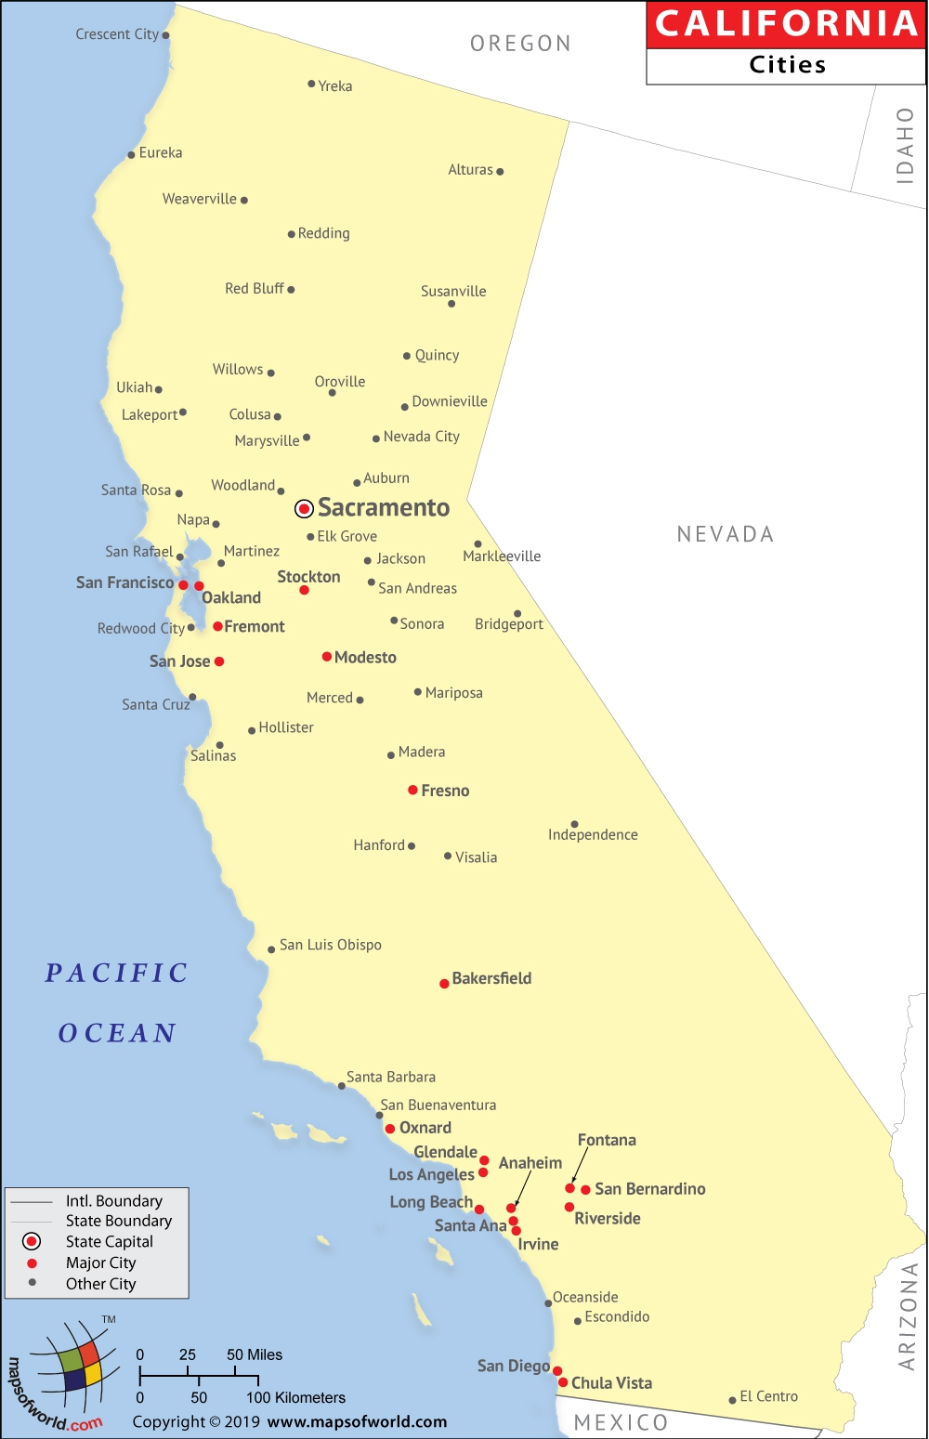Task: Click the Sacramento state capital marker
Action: pos(304,508)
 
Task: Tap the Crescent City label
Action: pos(117,34)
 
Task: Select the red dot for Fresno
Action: pos(412,790)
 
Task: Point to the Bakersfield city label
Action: pos(491,978)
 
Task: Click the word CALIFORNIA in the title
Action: pos(787,24)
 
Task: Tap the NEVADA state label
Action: pos(726,534)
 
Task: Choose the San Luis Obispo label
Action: pos(331,945)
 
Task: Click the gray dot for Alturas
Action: pos(500,172)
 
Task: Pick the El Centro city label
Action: pos(768,1396)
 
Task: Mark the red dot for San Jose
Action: pos(219,661)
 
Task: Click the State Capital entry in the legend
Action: pos(109,1241)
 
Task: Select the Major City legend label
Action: pos(100,1262)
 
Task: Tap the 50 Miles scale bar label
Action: pos(255,1354)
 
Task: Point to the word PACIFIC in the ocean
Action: pos(117,973)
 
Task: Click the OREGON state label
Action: pos(520,44)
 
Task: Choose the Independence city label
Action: pos(593,834)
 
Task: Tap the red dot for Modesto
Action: pos(327,657)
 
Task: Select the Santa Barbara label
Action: pos(391,1077)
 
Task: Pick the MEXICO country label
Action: pos(621,1422)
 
